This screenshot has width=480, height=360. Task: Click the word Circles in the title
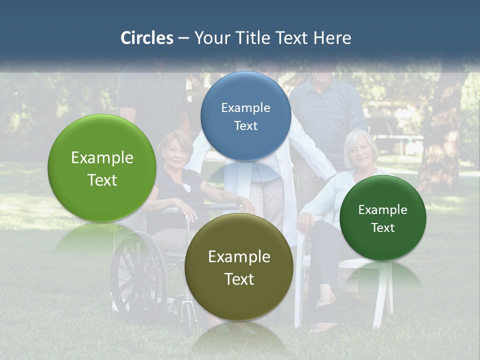pyautogui.click(x=147, y=38)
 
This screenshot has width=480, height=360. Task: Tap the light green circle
pyautogui.click(x=102, y=168)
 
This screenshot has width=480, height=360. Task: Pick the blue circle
pyautogui.click(x=245, y=116)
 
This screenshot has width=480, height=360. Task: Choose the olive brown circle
pyautogui.click(x=239, y=267)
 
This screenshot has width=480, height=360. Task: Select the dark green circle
pyautogui.click(x=383, y=218)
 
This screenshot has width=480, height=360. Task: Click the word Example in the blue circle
pyautogui.click(x=245, y=107)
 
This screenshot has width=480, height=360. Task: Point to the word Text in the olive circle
pyautogui.click(x=239, y=279)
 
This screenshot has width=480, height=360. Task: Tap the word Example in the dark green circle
pyautogui.click(x=383, y=209)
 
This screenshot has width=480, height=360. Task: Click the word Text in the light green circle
pyautogui.click(x=102, y=180)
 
